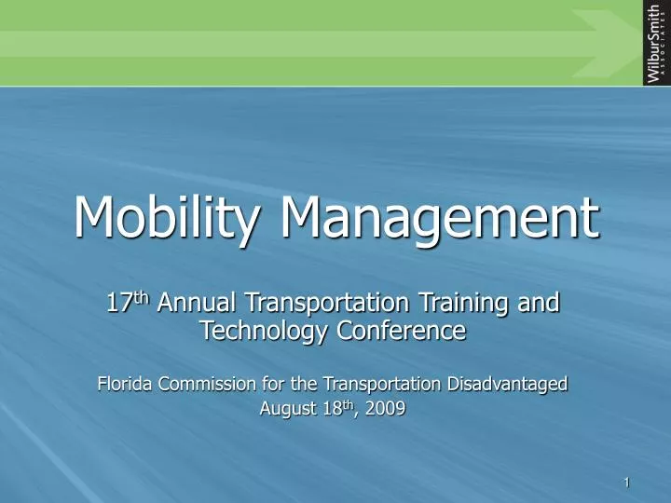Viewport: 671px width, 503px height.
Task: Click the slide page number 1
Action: (628, 482)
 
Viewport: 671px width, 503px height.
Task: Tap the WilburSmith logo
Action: (655, 43)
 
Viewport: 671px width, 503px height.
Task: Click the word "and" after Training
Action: (540, 303)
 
